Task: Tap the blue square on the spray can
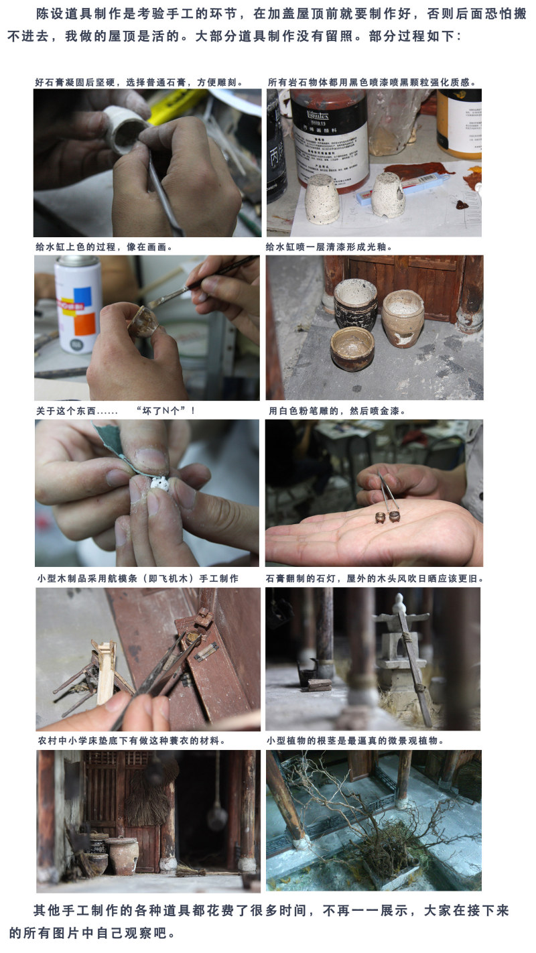[82, 296]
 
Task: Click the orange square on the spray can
[84, 324]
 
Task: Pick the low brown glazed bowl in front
[352, 348]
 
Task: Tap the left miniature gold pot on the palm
[380, 517]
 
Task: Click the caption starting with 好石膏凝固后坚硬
[139, 82]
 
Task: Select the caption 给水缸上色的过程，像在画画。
[104, 247]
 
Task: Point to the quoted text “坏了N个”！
[165, 411]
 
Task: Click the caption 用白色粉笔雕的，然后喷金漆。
[337, 411]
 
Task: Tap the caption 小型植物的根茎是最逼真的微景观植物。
[355, 741]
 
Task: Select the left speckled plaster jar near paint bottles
[322, 198]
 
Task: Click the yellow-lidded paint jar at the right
[459, 123]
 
